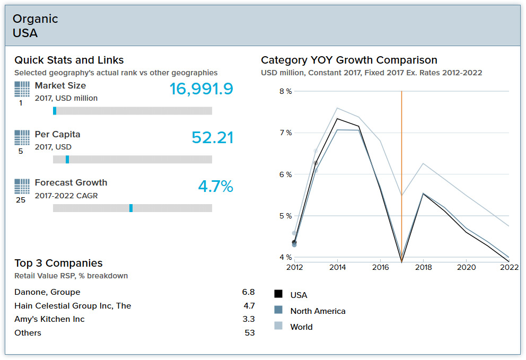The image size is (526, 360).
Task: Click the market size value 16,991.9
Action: click(201, 89)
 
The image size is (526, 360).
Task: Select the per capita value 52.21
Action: click(212, 137)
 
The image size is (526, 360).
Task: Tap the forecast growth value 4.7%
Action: click(215, 186)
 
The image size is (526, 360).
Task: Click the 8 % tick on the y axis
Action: click(285, 91)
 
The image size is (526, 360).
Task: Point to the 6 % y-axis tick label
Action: click(285, 174)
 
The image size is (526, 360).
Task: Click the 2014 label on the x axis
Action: click(338, 267)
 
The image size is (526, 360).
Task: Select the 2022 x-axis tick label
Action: click(509, 267)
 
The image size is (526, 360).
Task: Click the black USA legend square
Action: click(278, 294)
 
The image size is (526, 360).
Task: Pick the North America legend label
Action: click(318, 311)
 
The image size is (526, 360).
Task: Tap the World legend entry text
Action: click(301, 327)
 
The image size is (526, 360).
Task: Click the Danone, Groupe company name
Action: click(47, 292)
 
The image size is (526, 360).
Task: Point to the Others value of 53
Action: click(250, 333)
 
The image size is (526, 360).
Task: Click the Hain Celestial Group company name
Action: click(73, 306)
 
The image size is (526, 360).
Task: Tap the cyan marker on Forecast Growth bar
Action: click(131, 208)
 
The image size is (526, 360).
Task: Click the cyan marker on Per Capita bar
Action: click(67, 160)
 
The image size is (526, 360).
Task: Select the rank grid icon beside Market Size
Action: click(22, 89)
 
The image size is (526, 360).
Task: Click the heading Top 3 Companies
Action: click(58, 264)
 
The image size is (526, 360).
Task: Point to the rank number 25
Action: click(21, 200)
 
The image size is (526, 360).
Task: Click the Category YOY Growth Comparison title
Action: click(349, 60)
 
